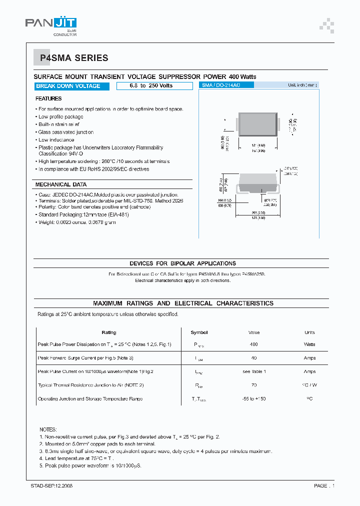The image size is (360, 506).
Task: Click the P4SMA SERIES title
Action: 74,58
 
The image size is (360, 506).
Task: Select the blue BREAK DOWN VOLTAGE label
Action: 68,86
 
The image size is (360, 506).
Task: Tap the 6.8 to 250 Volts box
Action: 154,86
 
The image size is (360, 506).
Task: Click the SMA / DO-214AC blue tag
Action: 226,85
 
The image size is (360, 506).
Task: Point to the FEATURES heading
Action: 49,99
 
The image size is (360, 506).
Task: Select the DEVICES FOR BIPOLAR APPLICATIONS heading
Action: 182,263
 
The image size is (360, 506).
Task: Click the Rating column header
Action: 109,332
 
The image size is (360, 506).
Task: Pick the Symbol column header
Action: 199,332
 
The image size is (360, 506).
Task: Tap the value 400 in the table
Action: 254,344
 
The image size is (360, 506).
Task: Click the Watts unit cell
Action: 309,344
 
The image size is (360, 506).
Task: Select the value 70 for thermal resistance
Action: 254,385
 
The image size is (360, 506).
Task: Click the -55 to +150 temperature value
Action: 254,399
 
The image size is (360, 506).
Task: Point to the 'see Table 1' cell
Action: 254,371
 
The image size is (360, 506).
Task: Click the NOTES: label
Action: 48,429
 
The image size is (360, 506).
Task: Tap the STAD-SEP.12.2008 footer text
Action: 52,485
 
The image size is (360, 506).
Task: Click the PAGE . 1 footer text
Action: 324,485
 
